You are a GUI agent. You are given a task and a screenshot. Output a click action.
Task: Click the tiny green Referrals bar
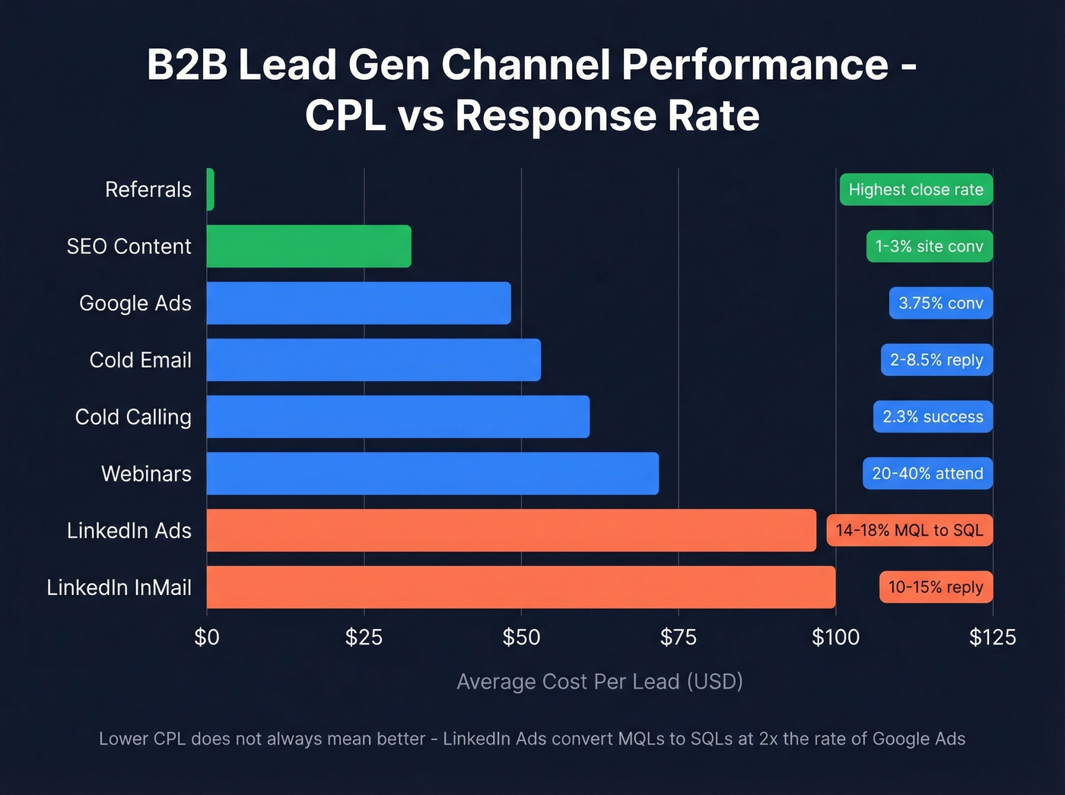click(x=211, y=189)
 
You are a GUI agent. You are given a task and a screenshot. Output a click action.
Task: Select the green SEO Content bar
click(x=309, y=246)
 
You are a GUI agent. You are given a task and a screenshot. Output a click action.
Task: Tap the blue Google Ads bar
click(x=358, y=303)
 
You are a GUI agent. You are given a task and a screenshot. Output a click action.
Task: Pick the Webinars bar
click(x=432, y=473)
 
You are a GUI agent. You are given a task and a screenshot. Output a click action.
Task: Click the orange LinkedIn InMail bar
click(x=520, y=587)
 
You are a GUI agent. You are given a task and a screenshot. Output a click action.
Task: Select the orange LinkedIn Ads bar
click(x=511, y=530)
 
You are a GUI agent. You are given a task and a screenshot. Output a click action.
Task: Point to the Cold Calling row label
click(x=133, y=417)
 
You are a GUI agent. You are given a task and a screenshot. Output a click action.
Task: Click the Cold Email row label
click(x=140, y=360)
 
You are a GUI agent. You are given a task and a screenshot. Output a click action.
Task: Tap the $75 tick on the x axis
click(x=678, y=637)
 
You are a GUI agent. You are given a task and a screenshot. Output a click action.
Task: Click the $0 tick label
click(x=207, y=637)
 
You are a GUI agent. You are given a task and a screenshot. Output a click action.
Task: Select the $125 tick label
click(x=992, y=637)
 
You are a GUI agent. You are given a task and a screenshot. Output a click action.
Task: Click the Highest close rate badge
click(x=916, y=189)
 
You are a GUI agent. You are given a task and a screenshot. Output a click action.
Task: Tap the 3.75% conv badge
click(x=941, y=303)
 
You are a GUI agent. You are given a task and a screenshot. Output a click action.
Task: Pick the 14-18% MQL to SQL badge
click(x=909, y=530)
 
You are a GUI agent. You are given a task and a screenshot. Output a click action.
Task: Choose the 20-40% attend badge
click(x=927, y=473)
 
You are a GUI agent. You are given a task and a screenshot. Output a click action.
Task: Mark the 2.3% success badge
click(x=933, y=417)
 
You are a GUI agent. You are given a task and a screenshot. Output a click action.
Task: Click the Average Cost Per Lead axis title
click(x=599, y=681)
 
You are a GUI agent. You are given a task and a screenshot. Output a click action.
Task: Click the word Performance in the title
click(x=755, y=65)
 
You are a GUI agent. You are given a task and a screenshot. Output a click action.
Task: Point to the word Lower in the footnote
click(x=123, y=739)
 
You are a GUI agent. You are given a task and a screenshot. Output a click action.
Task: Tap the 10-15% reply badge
click(x=936, y=587)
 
